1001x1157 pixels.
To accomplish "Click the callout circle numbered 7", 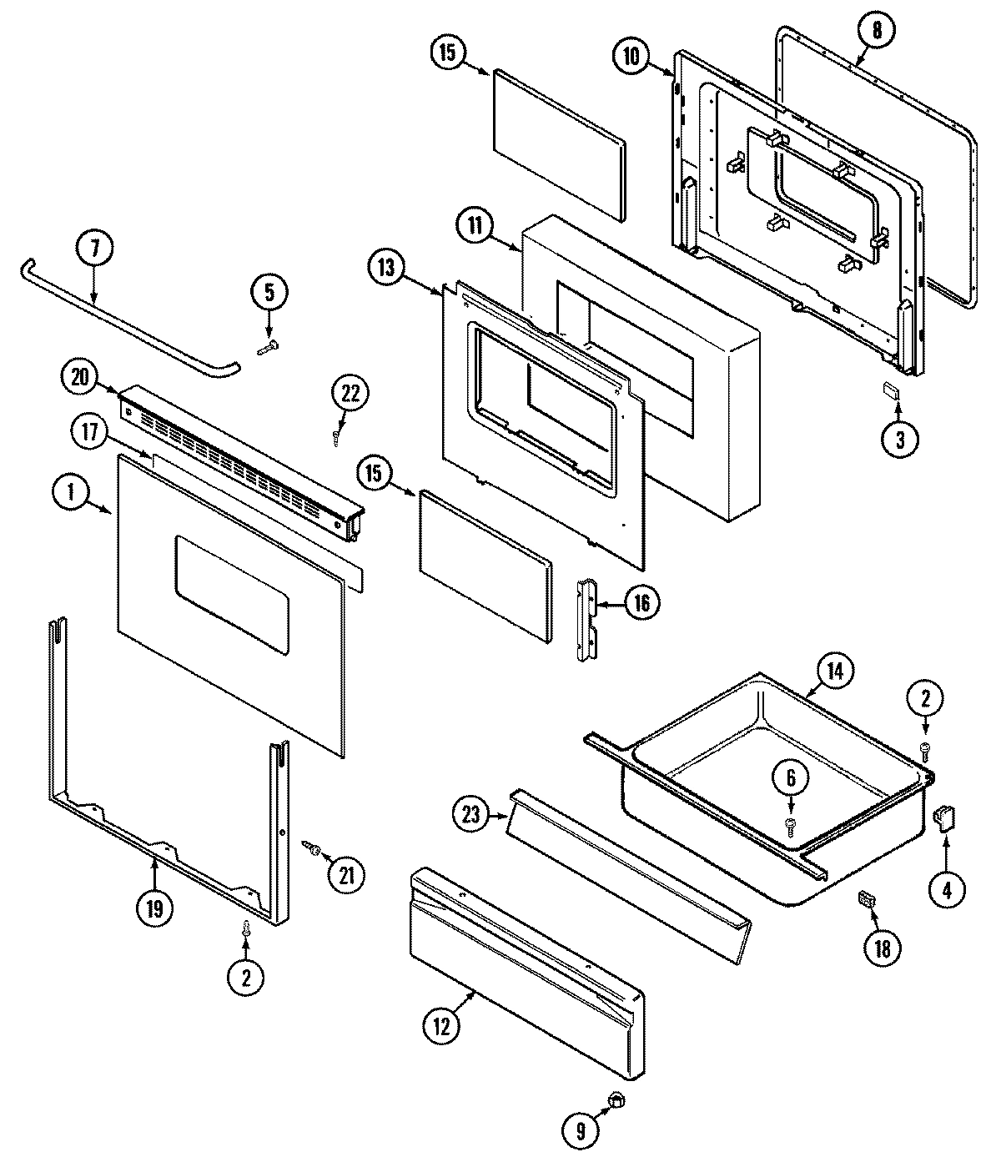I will [93, 248].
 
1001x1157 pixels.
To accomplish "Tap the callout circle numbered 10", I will [631, 57].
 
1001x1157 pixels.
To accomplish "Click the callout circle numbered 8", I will [876, 31].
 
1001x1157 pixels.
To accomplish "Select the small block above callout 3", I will [892, 390].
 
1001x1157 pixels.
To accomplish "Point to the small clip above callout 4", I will [945, 819].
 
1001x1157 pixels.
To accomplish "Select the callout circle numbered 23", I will [472, 813].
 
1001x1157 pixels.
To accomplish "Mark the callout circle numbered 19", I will [156, 907].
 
